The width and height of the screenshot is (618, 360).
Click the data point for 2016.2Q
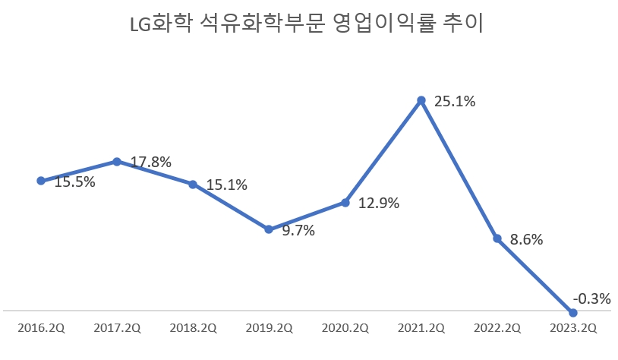pos(41,181)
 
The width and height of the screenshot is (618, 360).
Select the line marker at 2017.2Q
pos(117,161)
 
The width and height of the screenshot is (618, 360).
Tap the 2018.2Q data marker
pos(193,185)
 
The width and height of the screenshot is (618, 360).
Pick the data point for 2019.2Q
pos(269,229)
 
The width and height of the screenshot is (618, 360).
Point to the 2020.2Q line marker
pos(345,203)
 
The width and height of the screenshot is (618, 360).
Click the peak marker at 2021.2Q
pos(421,99)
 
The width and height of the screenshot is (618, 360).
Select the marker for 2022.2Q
pos(497,238)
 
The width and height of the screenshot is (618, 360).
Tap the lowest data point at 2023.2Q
pos(573,312)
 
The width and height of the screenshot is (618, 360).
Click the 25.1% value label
pos(455,101)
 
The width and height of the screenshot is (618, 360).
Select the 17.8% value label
pos(151,162)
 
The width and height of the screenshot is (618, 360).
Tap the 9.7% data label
pos(298,230)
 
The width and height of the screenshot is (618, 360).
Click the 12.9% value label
pos(379,204)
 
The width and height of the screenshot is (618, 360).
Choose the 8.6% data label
pos(527,239)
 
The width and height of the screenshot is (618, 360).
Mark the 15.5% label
pos(74,182)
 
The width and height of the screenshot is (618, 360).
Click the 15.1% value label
pos(227,185)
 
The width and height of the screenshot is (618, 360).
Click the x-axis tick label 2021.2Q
pos(421,328)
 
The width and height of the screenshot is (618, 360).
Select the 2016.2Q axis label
pos(41,328)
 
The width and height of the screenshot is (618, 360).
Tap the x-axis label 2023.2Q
pos(573,328)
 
